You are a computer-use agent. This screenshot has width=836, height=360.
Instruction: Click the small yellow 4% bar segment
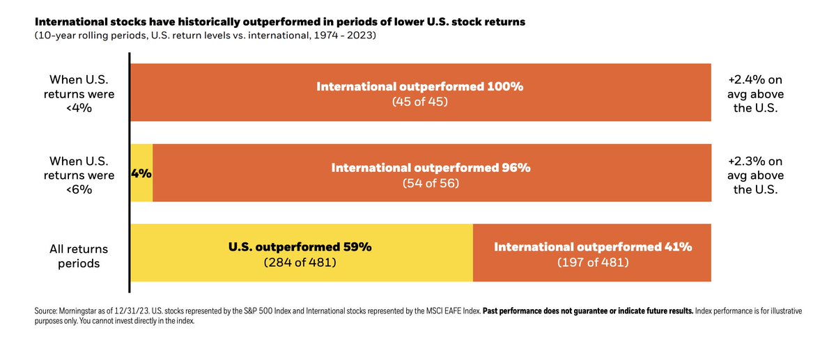(141, 173)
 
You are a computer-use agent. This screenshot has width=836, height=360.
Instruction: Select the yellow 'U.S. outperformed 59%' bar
(301, 253)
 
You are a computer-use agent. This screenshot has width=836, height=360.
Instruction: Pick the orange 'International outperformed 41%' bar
(592, 253)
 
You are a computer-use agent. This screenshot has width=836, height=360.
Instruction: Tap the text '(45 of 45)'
(419, 102)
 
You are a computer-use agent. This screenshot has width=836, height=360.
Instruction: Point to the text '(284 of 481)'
(300, 263)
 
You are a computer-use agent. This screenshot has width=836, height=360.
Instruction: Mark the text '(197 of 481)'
(592, 263)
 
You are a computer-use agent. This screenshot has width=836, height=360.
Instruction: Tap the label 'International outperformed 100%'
(419, 87)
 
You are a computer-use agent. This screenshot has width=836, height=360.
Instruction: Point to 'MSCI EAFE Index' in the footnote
(452, 311)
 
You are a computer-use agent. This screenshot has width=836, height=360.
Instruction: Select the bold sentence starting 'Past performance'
(587, 311)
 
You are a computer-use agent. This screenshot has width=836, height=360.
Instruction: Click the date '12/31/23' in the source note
(128, 311)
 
